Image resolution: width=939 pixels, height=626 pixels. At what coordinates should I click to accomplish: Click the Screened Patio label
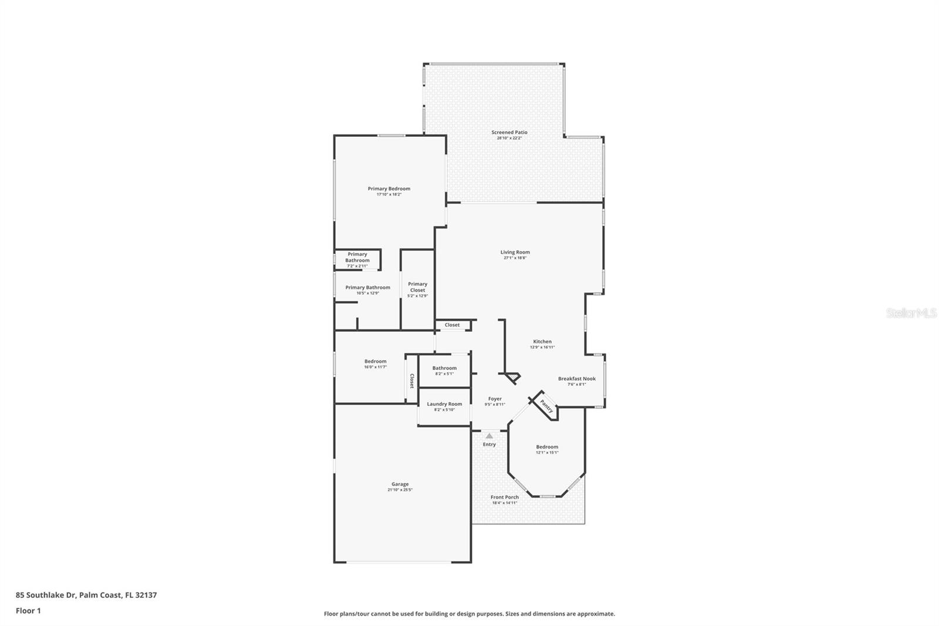tap(509, 133)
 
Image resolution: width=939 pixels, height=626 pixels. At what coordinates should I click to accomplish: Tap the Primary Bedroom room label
tap(389, 189)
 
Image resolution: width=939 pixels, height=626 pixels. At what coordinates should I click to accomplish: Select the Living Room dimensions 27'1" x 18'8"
tap(515, 258)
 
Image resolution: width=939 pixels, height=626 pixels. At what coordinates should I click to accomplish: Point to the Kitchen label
tap(542, 342)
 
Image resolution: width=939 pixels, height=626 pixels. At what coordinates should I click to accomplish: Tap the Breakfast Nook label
tap(576, 379)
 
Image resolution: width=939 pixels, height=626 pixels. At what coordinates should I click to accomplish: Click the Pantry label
tap(546, 406)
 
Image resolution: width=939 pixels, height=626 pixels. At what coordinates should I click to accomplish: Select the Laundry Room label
tap(444, 404)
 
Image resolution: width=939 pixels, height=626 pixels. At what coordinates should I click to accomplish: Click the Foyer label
tap(495, 399)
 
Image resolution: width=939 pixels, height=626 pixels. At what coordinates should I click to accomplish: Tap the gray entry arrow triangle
tap(489, 436)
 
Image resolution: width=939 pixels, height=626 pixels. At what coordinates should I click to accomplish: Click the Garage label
tap(400, 484)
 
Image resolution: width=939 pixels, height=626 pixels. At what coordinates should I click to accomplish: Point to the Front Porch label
tap(504, 497)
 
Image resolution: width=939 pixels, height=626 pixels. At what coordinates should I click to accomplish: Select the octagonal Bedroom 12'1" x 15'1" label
tap(546, 447)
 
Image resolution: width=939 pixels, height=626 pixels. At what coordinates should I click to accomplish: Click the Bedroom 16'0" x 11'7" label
tap(375, 362)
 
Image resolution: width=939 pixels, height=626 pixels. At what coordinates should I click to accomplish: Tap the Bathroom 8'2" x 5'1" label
tap(444, 368)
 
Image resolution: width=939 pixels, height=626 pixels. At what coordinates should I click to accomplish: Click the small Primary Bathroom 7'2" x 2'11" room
tap(357, 260)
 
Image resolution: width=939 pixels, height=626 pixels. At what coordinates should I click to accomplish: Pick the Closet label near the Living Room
tap(452, 325)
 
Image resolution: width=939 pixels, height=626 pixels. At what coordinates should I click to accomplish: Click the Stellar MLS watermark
tap(911, 314)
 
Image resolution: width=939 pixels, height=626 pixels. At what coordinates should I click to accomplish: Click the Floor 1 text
tap(28, 611)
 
